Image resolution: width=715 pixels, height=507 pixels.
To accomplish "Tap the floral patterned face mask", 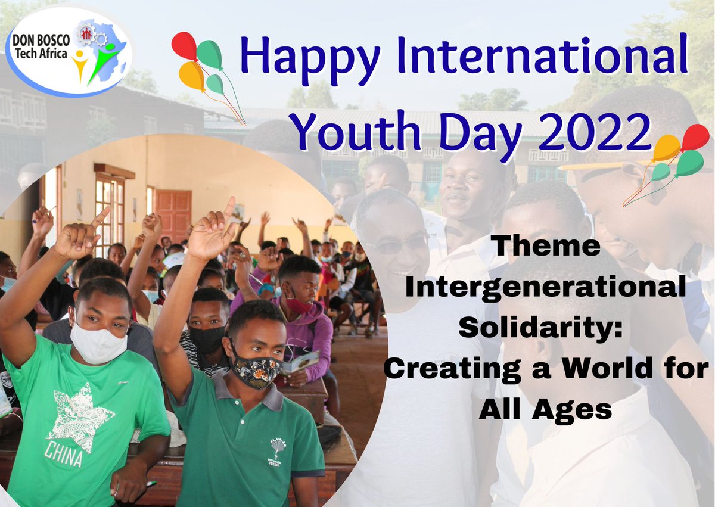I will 256,369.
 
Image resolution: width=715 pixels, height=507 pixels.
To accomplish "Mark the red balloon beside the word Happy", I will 184,46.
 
